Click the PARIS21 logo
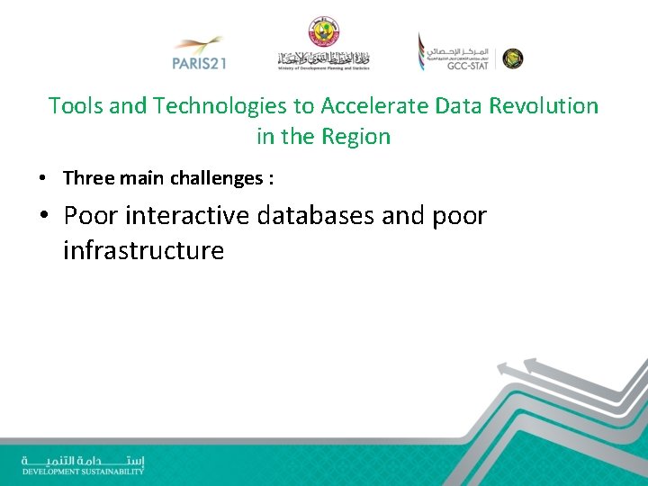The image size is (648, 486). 198,53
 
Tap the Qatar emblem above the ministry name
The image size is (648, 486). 323,31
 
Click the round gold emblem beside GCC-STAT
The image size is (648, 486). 512,58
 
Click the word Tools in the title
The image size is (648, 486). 75,106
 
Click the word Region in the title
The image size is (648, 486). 355,138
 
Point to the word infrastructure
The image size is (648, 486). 143,250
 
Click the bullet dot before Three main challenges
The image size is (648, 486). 42,179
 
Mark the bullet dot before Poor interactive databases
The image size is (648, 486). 45,217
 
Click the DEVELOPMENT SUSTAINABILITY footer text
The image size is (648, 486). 83,471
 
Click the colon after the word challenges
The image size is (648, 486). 269,179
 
